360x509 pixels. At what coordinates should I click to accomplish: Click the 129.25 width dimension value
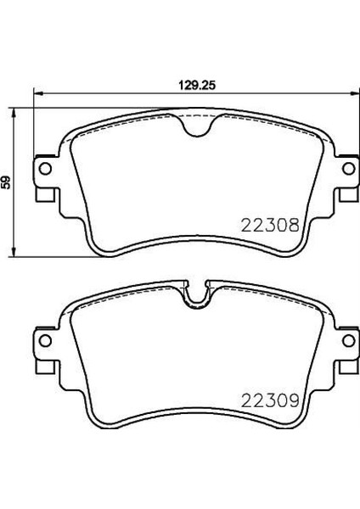[x=197, y=86]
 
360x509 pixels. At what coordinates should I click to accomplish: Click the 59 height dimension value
[x=6, y=182]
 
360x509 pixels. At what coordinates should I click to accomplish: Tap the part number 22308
[x=270, y=225]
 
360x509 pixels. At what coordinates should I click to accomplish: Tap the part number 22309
[x=270, y=400]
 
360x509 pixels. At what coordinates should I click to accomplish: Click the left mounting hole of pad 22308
[x=45, y=169]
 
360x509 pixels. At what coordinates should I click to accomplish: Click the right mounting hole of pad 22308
[x=349, y=169]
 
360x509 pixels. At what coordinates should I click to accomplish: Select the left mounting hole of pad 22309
[x=45, y=340]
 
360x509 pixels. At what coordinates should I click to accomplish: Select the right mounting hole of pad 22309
[x=349, y=340]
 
